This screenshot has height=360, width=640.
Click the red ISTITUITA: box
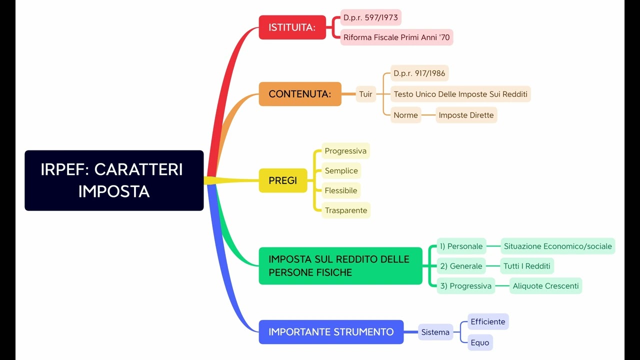pos(292,27)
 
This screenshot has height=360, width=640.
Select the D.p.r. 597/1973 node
pos(370,18)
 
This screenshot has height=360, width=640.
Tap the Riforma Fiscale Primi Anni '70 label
pos(396,37)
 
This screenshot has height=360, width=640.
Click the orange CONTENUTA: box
pos(299,94)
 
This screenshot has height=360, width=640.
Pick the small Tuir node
pos(365,94)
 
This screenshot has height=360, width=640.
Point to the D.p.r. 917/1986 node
pos(419,73)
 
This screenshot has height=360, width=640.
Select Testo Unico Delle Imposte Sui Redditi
pos(460,94)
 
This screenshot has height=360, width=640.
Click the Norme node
pos(405,115)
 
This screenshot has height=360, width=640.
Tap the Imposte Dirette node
pos(466,115)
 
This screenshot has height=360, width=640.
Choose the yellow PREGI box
pos(282,180)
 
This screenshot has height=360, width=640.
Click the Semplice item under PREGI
pos(341,171)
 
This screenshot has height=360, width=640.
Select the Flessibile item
pos(340,190)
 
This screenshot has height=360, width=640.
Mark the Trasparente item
pos(345,210)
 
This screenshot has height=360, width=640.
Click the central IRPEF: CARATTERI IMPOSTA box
pos(114,180)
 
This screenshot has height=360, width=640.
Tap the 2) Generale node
pos(461,266)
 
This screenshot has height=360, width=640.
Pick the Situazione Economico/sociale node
pos(557,246)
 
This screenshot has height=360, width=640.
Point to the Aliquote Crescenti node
pos(545,286)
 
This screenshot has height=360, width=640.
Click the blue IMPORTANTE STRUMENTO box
pos(331,332)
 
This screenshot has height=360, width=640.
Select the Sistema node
pos(435,332)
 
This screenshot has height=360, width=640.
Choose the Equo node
pos(479,343)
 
